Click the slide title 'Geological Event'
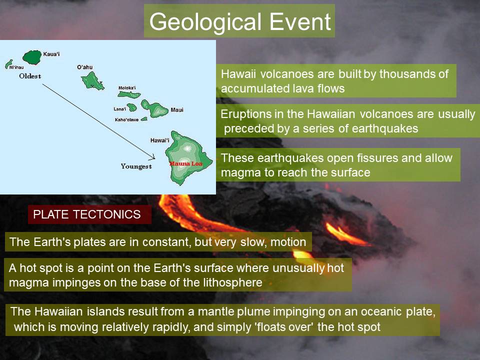click(x=240, y=22)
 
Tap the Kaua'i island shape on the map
click(x=32, y=57)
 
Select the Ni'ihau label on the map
click(x=16, y=67)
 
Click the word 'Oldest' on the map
click(x=30, y=76)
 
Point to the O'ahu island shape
click(x=93, y=81)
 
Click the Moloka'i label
click(x=127, y=88)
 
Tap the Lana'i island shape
click(x=132, y=107)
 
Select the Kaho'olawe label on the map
click(x=126, y=119)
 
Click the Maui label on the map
click(x=177, y=110)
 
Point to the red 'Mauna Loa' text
click(x=186, y=163)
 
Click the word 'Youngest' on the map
click(x=136, y=166)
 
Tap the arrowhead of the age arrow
click(x=153, y=157)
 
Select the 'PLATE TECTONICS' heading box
click(x=89, y=214)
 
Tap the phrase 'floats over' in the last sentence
click(x=284, y=327)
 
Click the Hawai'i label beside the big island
click(x=160, y=140)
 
